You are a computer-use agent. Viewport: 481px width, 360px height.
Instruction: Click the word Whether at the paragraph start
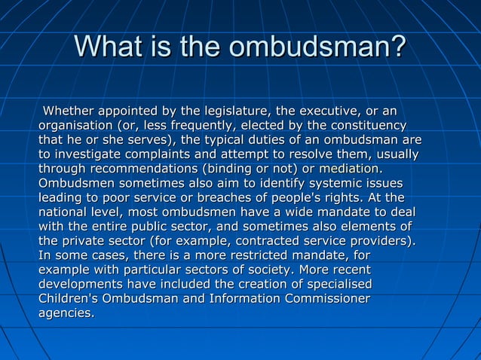[72, 111]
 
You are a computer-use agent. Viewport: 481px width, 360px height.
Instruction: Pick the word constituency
[363, 126]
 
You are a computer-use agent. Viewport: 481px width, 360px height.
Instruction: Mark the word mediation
[349, 169]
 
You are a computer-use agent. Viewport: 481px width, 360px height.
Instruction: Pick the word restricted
[251, 255]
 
